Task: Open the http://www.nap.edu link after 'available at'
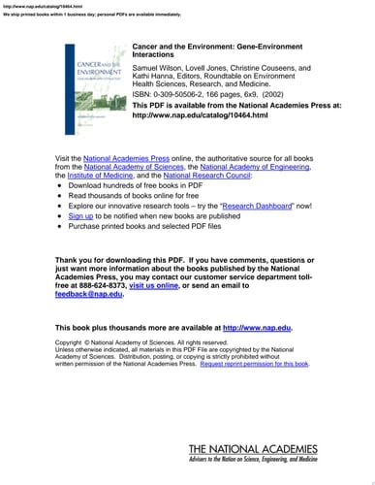[x=257, y=301]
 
